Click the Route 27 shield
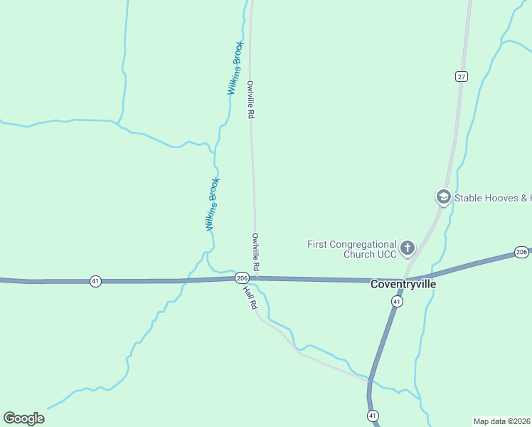click(462, 76)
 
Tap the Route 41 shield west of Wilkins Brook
click(95, 281)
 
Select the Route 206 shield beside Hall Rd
click(242, 278)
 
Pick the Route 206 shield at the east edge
click(521, 252)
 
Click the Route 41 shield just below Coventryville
click(397, 302)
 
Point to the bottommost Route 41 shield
click(373, 415)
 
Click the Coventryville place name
click(403, 283)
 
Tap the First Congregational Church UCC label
click(351, 248)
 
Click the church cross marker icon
click(408, 248)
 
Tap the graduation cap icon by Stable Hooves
click(443, 197)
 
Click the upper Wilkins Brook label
click(235, 68)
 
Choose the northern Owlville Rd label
click(250, 100)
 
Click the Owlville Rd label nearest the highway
click(255, 251)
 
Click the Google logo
click(23, 418)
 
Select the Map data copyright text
click(501, 421)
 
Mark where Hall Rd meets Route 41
click(370, 381)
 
